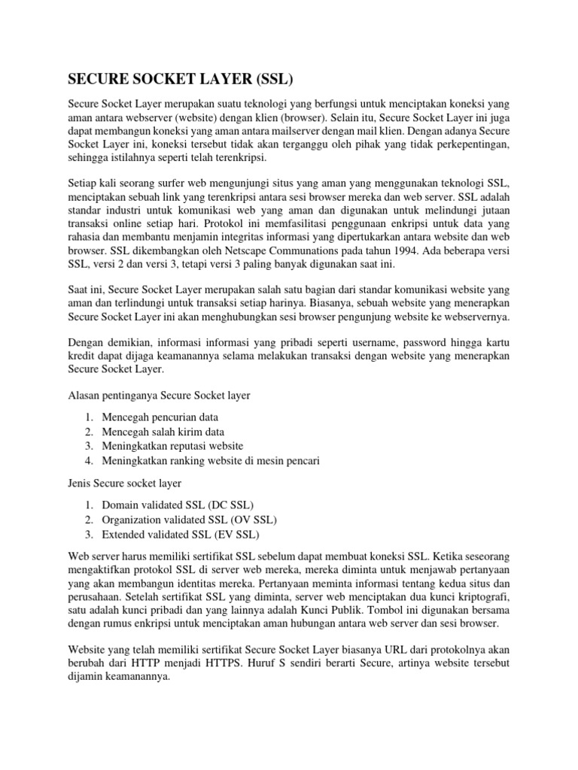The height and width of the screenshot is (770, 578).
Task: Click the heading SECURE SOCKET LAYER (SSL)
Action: (181, 79)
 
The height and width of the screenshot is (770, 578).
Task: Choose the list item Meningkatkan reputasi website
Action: (172, 446)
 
